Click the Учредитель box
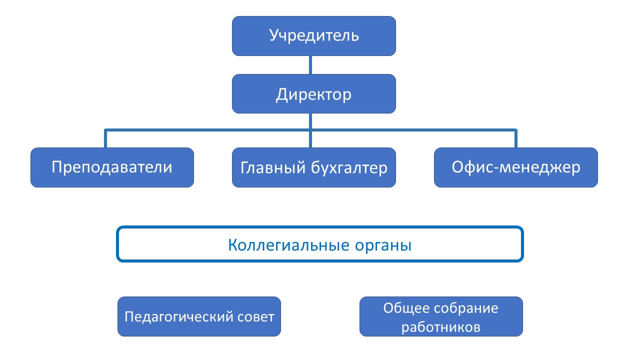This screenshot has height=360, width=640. click(314, 36)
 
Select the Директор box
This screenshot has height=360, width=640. click(314, 94)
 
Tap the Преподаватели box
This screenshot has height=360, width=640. click(112, 167)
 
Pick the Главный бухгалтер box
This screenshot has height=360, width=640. click(314, 167)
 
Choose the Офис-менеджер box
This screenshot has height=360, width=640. click(516, 167)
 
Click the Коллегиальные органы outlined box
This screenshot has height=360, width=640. click(320, 244)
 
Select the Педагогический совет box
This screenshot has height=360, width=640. click(199, 316)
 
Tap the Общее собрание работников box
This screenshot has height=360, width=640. click(441, 316)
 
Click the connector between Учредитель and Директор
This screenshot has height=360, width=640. click(311, 65)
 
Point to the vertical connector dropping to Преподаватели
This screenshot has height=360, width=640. click(106, 139)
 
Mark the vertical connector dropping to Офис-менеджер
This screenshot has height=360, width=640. click(516, 139)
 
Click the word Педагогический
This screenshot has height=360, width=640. click(181, 317)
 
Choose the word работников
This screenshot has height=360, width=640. click(441, 327)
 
